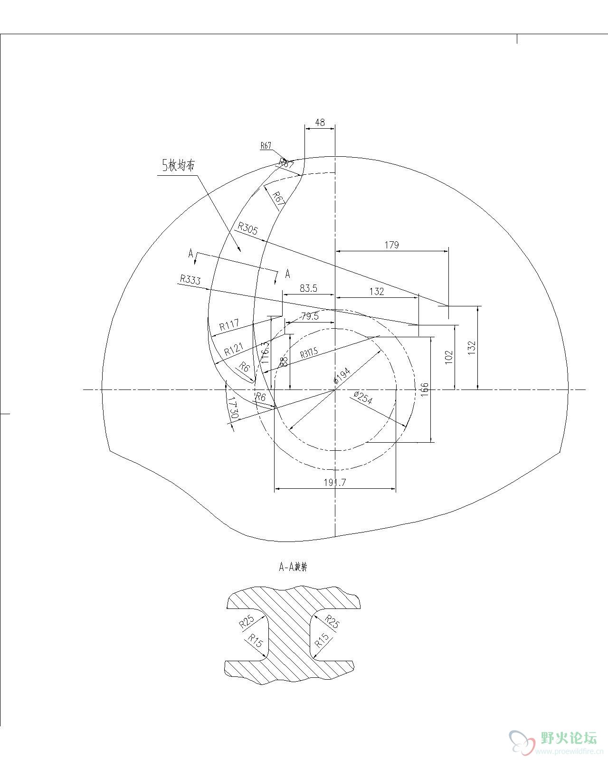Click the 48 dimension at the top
coord(320,123)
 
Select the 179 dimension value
coord(391,245)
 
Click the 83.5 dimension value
coord(308,288)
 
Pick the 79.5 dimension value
coord(310,316)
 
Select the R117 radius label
coord(229,326)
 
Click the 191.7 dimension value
coord(335,483)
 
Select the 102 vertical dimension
coord(449,357)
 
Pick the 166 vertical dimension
coord(425,389)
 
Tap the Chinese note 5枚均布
coord(179,165)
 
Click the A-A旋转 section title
coord(293,567)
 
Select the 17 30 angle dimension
coord(232,408)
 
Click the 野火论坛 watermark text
coord(568,739)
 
